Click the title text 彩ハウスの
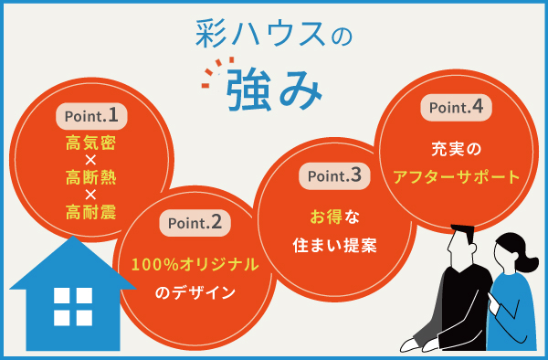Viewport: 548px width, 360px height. (x=273, y=34)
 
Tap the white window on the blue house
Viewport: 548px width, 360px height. (x=73, y=306)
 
